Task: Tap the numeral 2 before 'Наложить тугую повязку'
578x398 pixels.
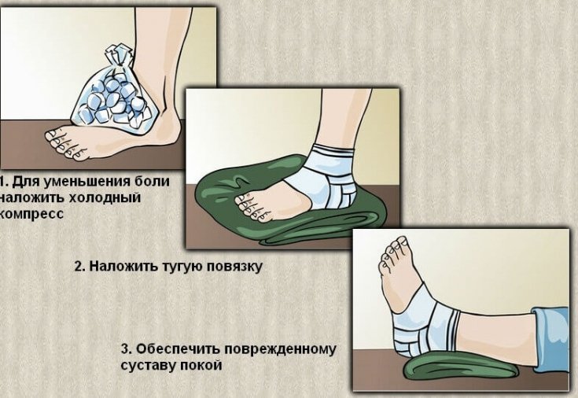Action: [79, 267]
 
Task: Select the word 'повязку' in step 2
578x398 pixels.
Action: [232, 267]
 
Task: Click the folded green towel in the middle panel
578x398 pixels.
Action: [236, 189]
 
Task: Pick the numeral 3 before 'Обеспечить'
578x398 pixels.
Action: [125, 348]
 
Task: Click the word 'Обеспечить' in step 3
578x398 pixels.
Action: [173, 348]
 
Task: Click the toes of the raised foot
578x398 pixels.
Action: [393, 252]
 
